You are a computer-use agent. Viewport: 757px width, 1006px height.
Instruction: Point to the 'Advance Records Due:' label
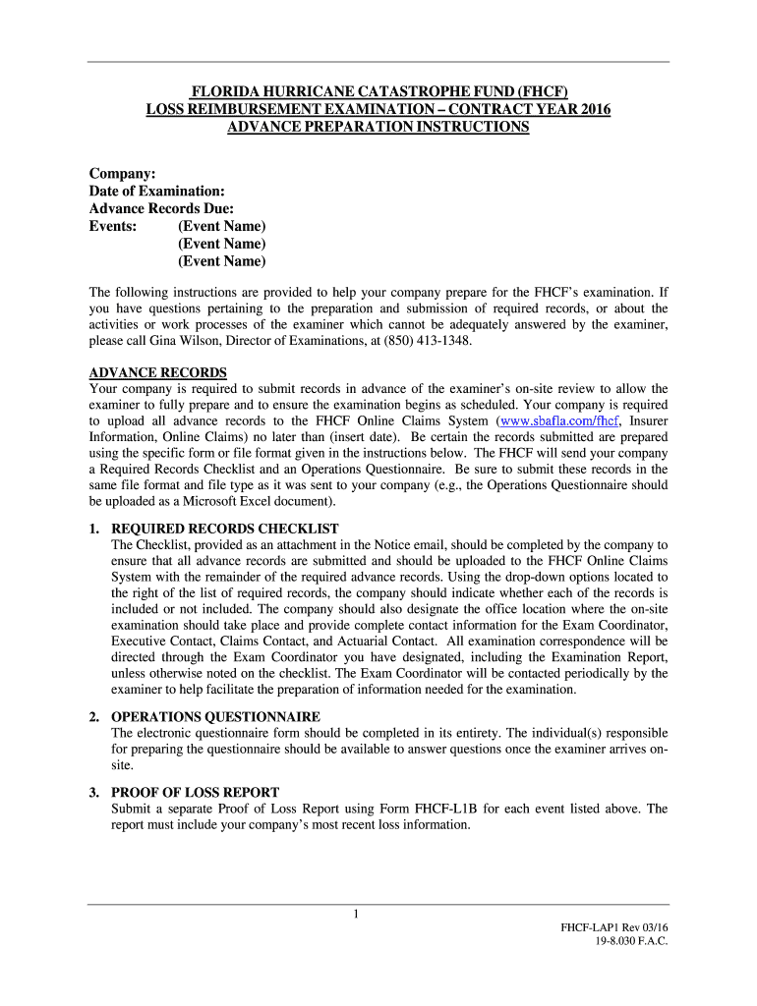[x=161, y=208]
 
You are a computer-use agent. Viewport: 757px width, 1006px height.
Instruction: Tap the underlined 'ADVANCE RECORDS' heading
[x=158, y=372]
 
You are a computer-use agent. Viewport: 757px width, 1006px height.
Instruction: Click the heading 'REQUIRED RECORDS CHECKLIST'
[x=225, y=529]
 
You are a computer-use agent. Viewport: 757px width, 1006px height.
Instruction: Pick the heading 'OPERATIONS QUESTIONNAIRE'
[x=215, y=716]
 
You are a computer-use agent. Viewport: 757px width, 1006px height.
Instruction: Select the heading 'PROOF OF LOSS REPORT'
[x=196, y=792]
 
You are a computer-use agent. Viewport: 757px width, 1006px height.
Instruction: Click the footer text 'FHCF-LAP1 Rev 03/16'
[x=613, y=927]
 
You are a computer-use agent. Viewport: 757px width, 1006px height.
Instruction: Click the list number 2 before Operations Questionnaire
[x=93, y=716]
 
